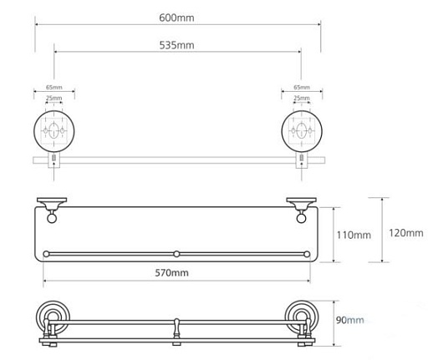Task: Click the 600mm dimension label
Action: click(176, 18)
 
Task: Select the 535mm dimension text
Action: click(176, 45)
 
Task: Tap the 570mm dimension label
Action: click(171, 273)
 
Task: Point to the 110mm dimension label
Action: click(354, 235)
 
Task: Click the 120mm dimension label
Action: click(406, 233)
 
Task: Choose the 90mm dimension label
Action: click(349, 320)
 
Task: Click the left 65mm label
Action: click(54, 87)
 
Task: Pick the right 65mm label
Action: click(302, 87)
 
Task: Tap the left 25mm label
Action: click(54, 98)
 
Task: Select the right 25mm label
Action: click(302, 98)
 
